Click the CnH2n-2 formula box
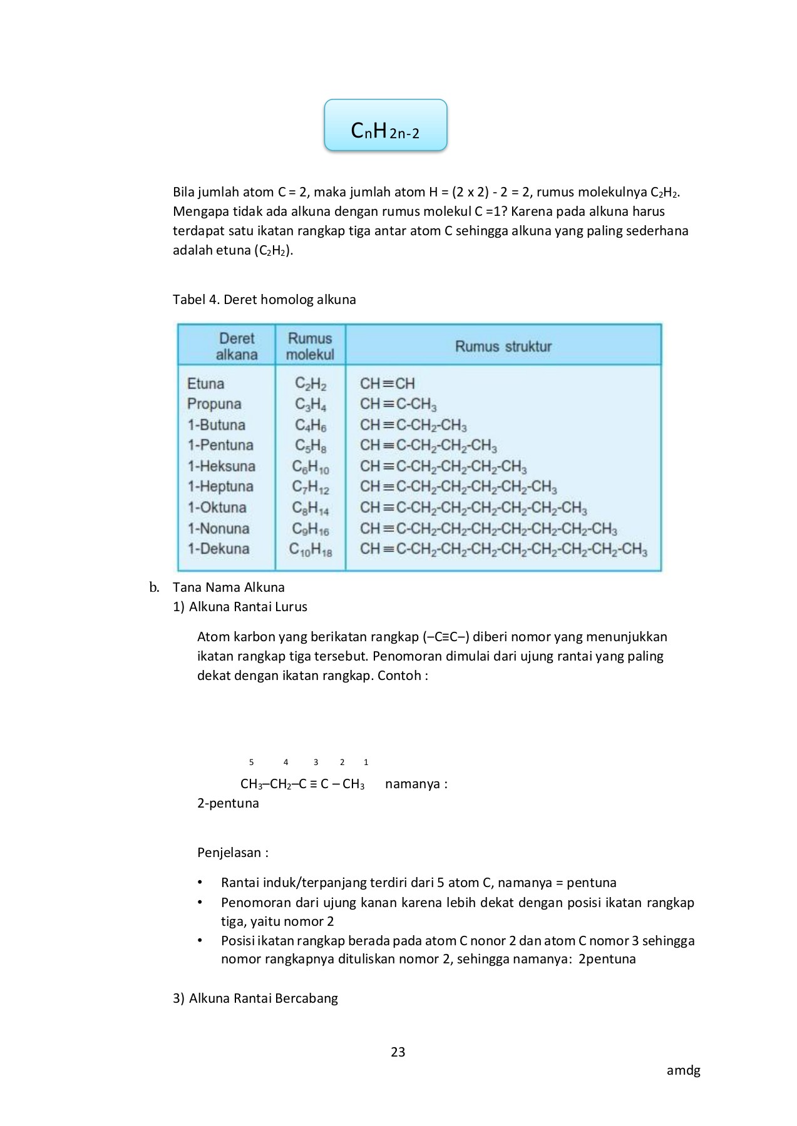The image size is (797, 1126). [385, 125]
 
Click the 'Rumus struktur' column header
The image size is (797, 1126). [503, 346]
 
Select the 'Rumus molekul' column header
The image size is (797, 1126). [310, 346]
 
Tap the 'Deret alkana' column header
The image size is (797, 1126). [236, 346]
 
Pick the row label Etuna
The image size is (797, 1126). [205, 383]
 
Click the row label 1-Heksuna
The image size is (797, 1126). [221, 466]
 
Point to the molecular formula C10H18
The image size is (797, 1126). [310, 549]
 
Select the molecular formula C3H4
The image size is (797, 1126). [310, 404]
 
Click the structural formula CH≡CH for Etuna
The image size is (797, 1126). [387, 383]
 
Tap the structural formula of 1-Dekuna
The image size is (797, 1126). [503, 549]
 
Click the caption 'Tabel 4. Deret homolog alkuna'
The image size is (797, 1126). [264, 300]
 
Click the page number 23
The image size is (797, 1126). [398, 1052]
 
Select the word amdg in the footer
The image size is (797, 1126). [683, 1070]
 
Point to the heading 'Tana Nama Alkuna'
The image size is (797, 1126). [229, 587]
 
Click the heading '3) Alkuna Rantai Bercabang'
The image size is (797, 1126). [255, 998]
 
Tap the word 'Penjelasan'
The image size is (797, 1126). [229, 853]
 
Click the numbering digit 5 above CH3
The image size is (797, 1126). [251, 762]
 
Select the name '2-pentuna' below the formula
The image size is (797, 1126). [228, 803]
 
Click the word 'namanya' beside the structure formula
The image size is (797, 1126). [413, 784]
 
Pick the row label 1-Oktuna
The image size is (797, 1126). [217, 507]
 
